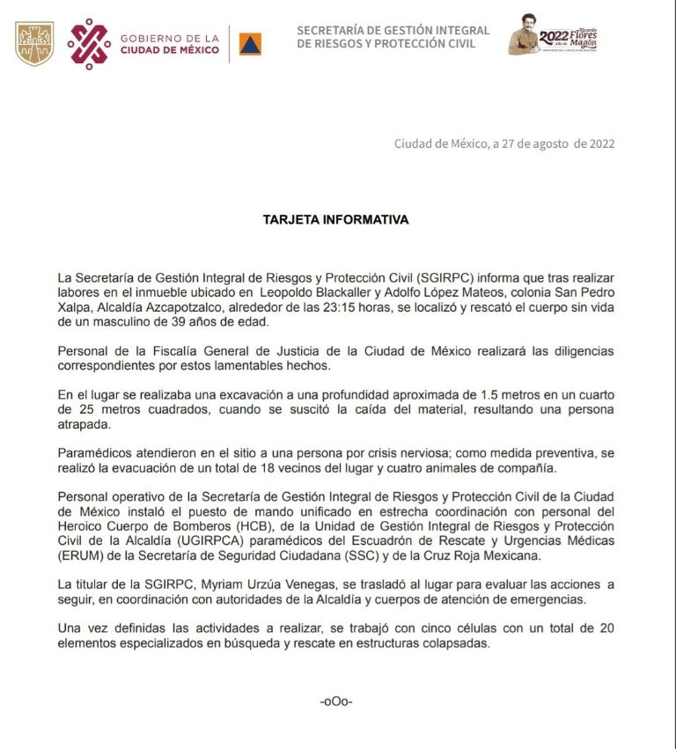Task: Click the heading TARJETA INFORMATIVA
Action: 335,220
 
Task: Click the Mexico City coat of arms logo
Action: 34,43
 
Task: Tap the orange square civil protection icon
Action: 250,44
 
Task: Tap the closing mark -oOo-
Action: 336,701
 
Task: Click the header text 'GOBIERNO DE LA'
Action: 170,38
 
